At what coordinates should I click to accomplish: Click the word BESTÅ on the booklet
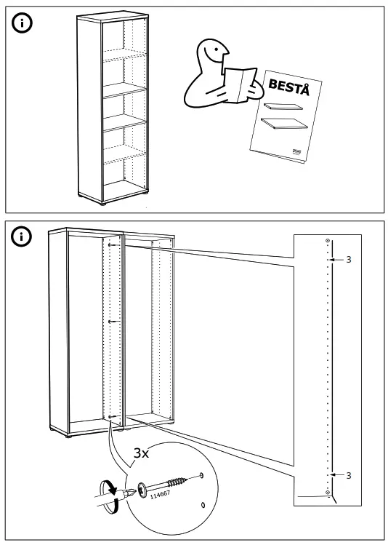[289, 90]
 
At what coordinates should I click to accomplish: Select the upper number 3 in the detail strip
[349, 260]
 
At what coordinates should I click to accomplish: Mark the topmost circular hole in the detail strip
[328, 242]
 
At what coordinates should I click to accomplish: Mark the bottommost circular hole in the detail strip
[328, 493]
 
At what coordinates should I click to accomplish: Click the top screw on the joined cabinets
[110, 247]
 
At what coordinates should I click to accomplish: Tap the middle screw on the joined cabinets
[111, 321]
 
